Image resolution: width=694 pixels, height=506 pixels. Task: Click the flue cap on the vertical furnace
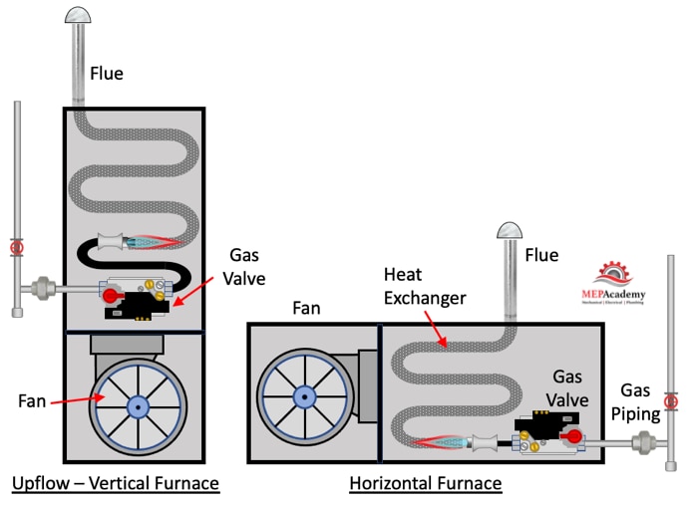[x=77, y=15]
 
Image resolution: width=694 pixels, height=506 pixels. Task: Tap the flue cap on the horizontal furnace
[x=512, y=231]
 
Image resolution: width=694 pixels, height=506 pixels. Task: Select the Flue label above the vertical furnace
[x=108, y=73]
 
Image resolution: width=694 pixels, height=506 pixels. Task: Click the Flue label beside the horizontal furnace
[x=541, y=256]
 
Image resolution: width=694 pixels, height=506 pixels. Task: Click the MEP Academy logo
[x=612, y=282]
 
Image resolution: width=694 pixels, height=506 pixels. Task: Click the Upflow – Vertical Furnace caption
[x=115, y=484]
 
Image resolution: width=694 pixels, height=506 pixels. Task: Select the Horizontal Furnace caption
[x=426, y=484]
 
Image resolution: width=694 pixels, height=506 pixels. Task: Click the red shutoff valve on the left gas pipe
[x=16, y=247]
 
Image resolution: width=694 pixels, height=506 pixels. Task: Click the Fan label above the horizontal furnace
[x=308, y=310]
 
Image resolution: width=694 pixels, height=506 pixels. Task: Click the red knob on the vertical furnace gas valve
[x=112, y=294]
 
